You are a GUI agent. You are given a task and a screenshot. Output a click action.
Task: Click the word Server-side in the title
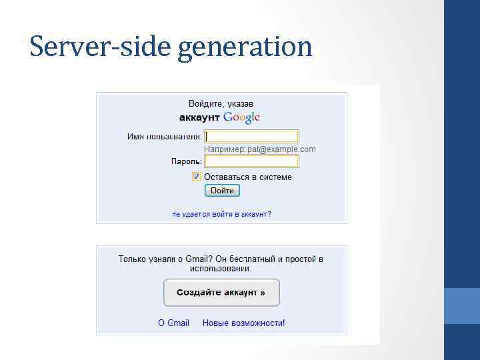pyautogui.click(x=101, y=47)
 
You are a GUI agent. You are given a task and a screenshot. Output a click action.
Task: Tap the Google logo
pyautogui.click(x=241, y=117)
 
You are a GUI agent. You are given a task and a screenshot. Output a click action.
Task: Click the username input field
pyautogui.click(x=251, y=136)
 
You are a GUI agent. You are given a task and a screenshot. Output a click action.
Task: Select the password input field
pyautogui.click(x=251, y=161)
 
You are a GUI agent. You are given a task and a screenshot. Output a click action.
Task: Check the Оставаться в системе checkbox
pyautogui.click(x=196, y=177)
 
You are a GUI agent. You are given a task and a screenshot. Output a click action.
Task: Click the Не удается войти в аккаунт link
pyautogui.click(x=221, y=214)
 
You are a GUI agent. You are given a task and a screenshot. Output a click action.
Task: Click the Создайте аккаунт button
pyautogui.click(x=221, y=293)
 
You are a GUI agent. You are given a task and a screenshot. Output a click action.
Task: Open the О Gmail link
pyautogui.click(x=173, y=323)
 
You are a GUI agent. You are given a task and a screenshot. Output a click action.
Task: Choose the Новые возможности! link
pyautogui.click(x=244, y=323)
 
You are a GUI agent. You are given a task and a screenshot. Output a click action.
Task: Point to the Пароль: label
pyautogui.click(x=186, y=162)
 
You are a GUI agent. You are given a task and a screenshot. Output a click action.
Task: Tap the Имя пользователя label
pyautogui.click(x=164, y=137)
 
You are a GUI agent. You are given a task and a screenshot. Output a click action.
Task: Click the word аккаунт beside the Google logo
pyautogui.click(x=200, y=117)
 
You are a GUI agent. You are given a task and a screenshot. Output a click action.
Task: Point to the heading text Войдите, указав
pyautogui.click(x=221, y=104)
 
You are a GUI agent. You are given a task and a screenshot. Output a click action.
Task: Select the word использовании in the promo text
pyautogui.click(x=221, y=269)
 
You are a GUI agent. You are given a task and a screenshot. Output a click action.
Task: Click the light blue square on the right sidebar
pyautogui.click(x=462, y=305)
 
